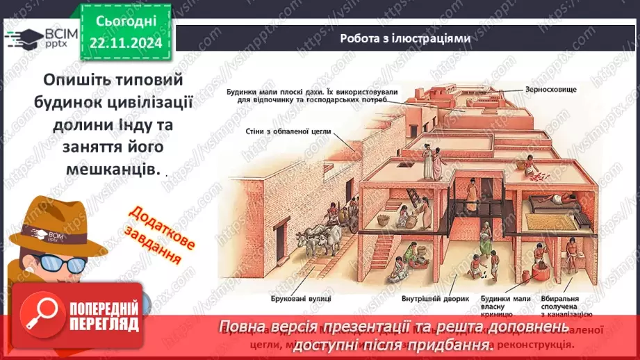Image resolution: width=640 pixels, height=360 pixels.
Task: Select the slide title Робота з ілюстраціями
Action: point(405,39)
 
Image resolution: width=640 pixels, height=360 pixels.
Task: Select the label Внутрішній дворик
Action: point(428,300)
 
